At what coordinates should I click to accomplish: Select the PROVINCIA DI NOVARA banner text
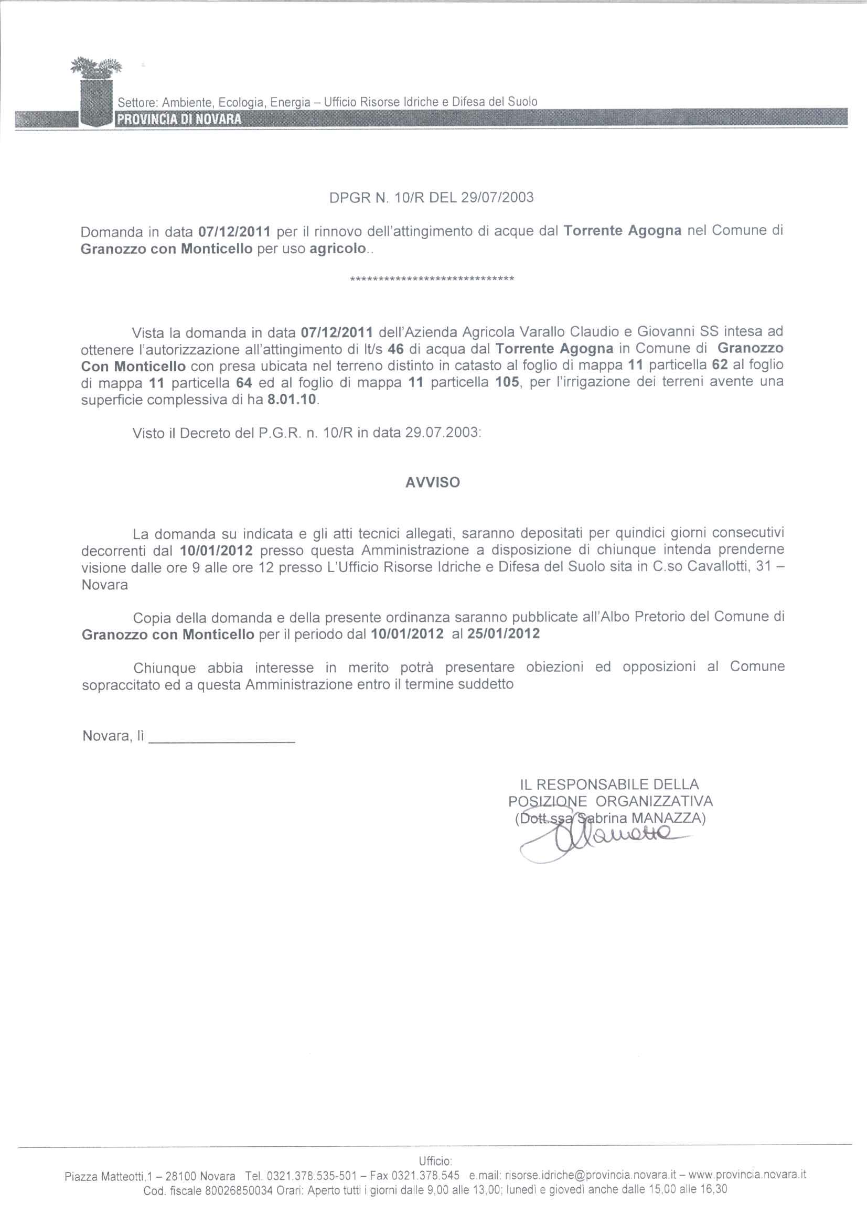[x=179, y=119]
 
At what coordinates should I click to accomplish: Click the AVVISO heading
[x=433, y=483]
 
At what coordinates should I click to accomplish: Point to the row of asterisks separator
[x=432, y=279]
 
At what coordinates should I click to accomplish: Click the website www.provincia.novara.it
[x=748, y=1175]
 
